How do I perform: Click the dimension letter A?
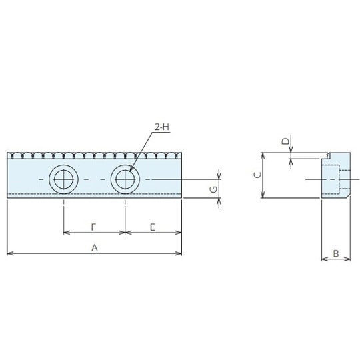click(95, 248)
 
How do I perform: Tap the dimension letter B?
click(336, 253)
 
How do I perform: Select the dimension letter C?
click(258, 175)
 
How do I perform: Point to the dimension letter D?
click(285, 141)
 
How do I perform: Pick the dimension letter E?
click(153, 227)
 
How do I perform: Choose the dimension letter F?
click(93, 227)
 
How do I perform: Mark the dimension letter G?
click(213, 189)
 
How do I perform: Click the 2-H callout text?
click(162, 127)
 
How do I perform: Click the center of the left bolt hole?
click(63, 179)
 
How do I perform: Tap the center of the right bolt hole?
click(125, 179)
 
